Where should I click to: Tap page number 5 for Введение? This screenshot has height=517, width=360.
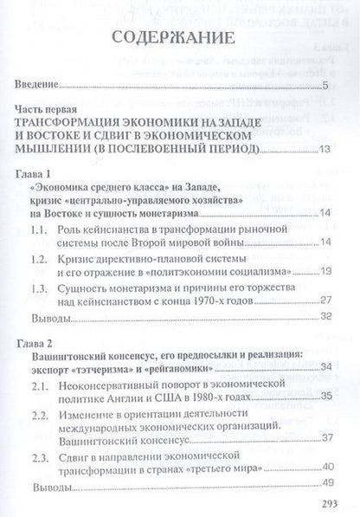pos(325,86)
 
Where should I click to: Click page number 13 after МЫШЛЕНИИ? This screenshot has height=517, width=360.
pos(325,151)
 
